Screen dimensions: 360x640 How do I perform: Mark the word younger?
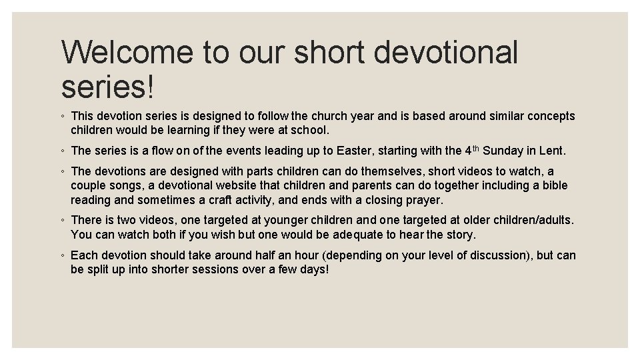287,220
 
